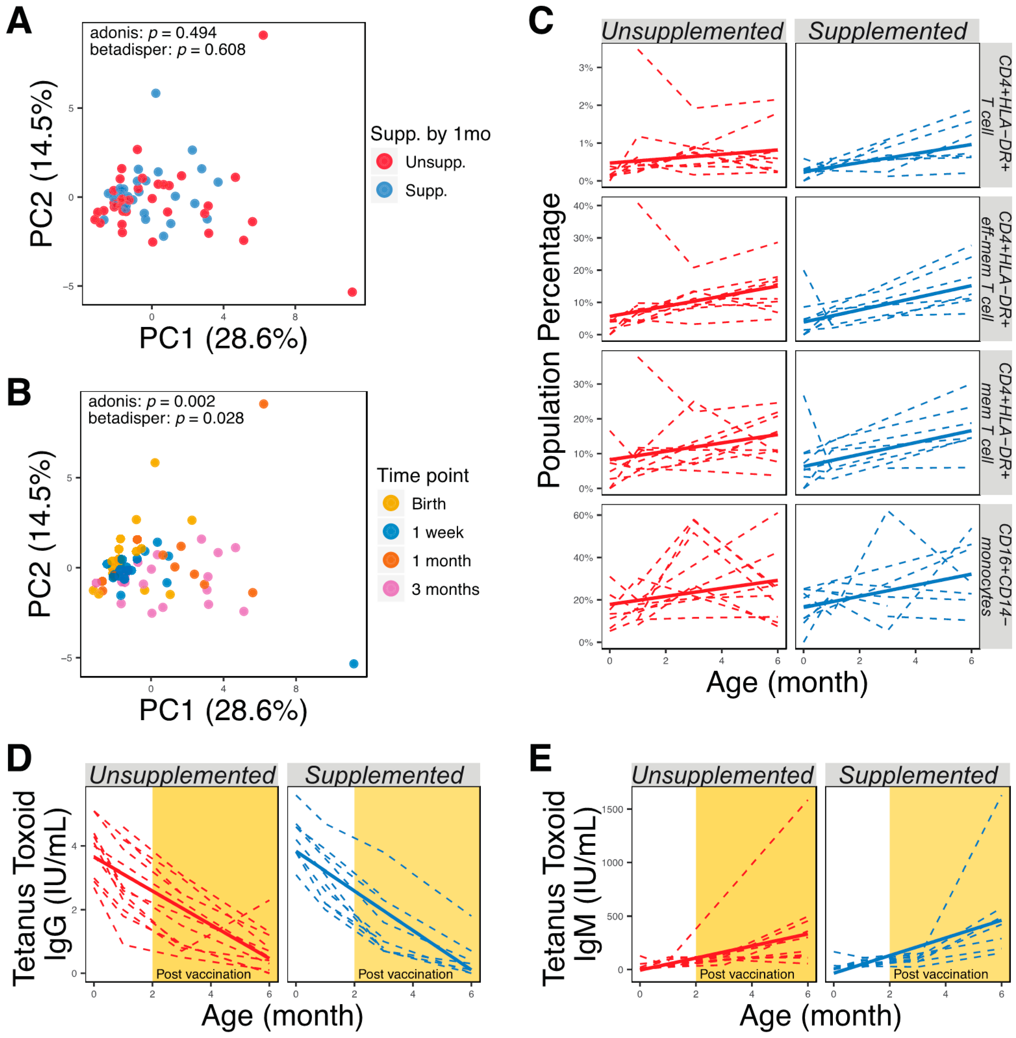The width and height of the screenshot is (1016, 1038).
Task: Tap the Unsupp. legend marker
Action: click(x=384, y=161)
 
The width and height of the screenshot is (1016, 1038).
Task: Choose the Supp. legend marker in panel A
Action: click(x=384, y=190)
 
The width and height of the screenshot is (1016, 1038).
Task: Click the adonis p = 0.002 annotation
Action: click(x=152, y=401)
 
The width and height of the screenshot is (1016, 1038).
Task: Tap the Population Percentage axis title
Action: click(x=550, y=341)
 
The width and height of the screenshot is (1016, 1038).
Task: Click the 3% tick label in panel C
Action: click(x=585, y=68)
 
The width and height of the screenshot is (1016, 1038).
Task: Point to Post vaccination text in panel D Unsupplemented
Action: click(x=203, y=974)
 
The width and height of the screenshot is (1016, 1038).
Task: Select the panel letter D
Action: click(x=19, y=758)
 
